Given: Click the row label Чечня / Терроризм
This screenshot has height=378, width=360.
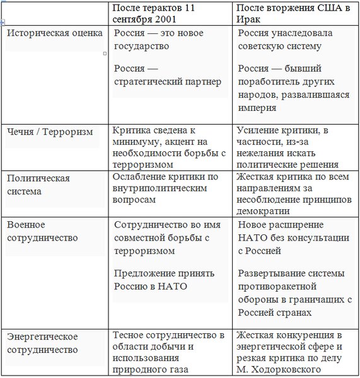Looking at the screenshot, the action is point(50,132).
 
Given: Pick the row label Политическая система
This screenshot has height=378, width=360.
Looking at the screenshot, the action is point(38,184).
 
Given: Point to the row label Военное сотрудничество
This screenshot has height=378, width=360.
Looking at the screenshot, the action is point(42,231).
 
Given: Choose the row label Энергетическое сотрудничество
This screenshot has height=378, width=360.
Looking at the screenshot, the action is point(42,343).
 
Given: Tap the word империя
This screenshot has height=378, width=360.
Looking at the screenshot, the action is point(257,108).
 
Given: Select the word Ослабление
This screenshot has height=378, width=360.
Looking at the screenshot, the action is point(139,177).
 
